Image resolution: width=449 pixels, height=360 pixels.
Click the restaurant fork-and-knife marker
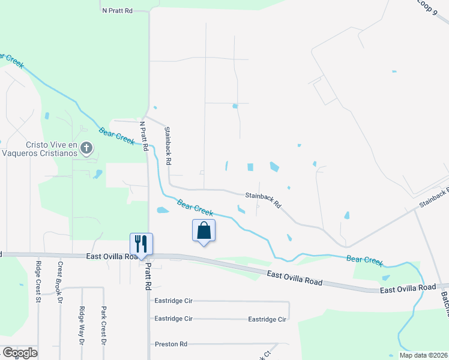[142, 244]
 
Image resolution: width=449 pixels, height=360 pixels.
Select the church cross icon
[86, 147]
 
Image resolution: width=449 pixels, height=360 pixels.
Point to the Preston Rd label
[171, 344]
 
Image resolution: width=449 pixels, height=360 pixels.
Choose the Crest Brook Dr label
[59, 276]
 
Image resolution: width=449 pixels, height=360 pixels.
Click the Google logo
[19, 352]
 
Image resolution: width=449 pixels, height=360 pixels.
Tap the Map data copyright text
[423, 355]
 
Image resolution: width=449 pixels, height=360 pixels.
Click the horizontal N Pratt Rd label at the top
[117, 11]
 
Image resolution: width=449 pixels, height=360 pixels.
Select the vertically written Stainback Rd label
[168, 145]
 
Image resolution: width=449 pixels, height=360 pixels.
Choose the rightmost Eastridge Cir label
[267, 319]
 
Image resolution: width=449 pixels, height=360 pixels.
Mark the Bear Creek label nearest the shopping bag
[195, 208]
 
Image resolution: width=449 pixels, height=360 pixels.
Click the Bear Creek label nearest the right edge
[364, 260]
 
